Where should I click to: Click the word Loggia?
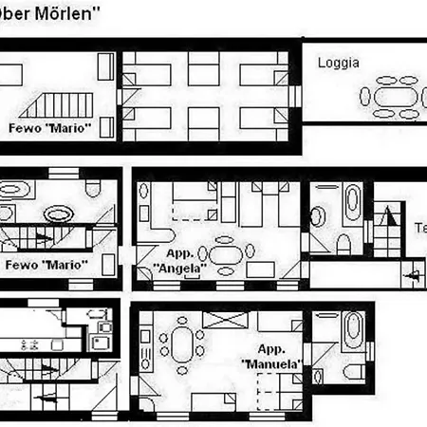pos(338,64)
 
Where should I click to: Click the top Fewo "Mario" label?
pos(48,126)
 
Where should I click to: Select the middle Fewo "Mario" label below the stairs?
pos(46,263)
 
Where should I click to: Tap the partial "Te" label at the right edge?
pos(418,229)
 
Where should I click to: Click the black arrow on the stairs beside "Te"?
pos(410,274)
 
